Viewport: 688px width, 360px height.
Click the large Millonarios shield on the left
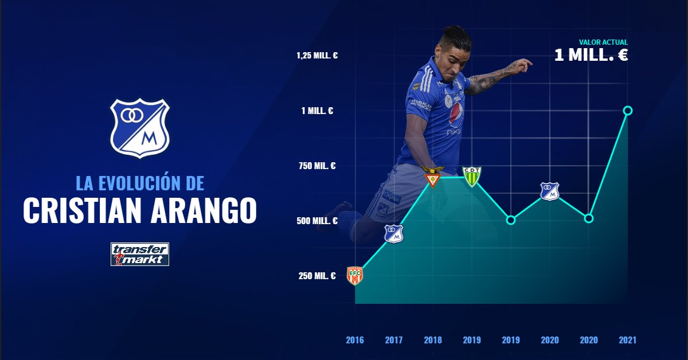pos(140,128)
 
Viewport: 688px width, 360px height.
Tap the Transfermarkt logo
pos(140,255)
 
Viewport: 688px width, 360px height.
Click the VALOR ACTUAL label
pos(603,42)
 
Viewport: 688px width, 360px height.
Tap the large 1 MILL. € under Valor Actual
pos(591,55)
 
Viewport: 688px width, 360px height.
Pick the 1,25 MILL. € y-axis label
pos(317,56)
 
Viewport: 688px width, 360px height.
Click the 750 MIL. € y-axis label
pos(317,166)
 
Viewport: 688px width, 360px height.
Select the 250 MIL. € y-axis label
pos(317,276)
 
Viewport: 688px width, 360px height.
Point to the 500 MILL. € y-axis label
pos(317,221)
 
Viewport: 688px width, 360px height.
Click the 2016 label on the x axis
pos(355,340)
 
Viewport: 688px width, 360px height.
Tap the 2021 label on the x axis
pos(627,340)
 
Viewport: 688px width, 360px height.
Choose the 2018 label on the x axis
pos(433,340)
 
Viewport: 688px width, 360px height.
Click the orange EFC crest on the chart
pos(355,276)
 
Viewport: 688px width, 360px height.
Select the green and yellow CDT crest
pos(472,177)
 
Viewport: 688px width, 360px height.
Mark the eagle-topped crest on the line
pos(433,177)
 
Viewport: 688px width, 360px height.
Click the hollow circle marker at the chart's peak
pos(628,111)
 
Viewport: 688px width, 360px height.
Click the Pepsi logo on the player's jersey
pos(456,113)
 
